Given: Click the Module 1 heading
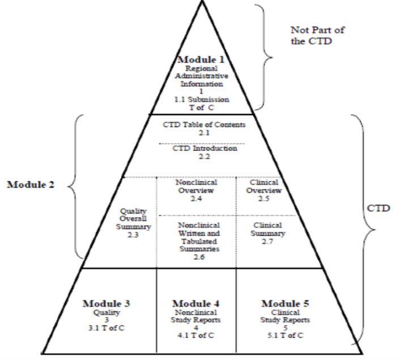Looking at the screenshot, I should point(201,59).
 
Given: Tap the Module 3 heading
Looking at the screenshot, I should point(107,303).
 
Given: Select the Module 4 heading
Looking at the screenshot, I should point(196,303).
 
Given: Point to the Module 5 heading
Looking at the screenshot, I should point(285,303).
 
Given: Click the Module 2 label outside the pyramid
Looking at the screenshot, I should point(31,185).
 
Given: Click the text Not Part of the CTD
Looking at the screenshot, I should point(317,36).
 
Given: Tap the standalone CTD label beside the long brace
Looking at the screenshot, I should point(378,208).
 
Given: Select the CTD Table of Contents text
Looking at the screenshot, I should point(204,124).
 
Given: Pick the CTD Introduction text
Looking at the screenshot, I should point(205,149).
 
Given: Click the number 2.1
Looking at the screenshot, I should point(204,132).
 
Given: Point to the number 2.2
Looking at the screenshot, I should point(205,156).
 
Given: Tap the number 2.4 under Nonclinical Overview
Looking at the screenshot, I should point(197,199).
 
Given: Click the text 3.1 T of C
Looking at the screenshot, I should point(107,327).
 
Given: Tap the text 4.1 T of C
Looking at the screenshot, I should point(196,335).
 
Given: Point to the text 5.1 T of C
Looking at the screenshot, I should point(285,335).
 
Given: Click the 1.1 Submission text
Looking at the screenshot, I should point(202,99).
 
